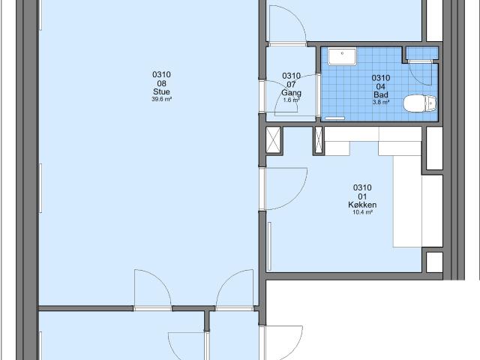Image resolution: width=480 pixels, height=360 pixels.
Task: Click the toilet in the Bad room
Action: coord(416,103)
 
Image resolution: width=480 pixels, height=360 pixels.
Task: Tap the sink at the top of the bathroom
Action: coord(346,53)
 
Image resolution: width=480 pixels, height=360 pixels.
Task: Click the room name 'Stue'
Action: coord(162,92)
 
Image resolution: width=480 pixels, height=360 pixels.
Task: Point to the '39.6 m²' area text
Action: coord(162,99)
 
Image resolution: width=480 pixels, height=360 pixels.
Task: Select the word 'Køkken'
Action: coord(362,205)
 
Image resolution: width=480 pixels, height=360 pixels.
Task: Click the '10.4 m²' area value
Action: coord(362,212)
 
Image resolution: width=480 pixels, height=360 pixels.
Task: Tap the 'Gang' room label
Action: coord(291,93)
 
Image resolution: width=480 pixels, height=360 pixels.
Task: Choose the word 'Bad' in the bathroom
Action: coord(380,94)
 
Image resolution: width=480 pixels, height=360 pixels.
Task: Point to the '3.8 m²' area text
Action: coord(380,102)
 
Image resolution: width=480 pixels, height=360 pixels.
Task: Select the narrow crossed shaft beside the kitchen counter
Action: coord(318,139)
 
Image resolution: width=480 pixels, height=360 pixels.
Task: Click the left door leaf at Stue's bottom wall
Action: coord(153,289)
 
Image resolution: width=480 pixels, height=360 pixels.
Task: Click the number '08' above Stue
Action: coord(162,84)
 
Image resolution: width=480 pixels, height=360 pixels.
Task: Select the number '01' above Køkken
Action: coord(362,196)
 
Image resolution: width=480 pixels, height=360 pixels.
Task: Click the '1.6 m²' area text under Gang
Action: coord(291,100)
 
